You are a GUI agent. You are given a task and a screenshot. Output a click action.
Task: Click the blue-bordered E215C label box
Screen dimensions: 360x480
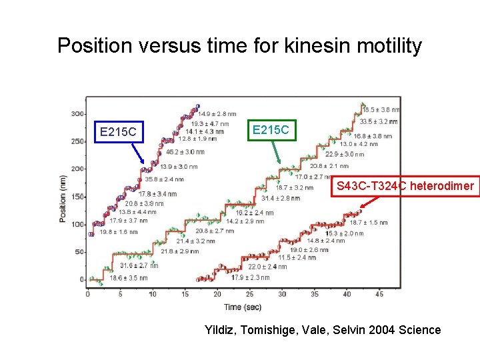[118, 132]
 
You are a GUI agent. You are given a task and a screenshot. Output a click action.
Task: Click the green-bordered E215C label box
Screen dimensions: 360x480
[271, 130]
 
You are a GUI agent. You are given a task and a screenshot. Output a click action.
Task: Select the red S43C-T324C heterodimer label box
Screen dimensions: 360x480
[405, 186]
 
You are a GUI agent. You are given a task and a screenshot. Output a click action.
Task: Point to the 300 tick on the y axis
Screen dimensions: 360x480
[78, 114]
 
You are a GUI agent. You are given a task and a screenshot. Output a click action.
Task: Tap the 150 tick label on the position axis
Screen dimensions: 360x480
[78, 197]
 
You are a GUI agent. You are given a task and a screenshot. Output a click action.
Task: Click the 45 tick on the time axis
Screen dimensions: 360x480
[379, 294]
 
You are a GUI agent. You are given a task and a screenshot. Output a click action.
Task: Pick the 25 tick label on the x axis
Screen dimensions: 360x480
[249, 294]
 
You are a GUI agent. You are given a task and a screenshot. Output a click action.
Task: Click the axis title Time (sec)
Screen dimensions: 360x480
[242, 307]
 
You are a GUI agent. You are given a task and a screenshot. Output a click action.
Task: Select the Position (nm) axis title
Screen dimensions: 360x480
[63, 199]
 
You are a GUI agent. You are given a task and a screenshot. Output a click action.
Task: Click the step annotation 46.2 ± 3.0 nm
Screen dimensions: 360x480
[185, 152]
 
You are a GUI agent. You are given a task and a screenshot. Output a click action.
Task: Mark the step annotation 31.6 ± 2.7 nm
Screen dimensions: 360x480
[138, 265]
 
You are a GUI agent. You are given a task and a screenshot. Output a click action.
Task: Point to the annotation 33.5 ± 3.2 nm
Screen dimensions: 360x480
[379, 121]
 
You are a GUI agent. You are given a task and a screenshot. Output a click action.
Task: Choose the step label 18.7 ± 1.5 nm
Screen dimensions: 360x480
[369, 223]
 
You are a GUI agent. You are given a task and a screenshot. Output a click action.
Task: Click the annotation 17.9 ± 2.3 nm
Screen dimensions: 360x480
[250, 278]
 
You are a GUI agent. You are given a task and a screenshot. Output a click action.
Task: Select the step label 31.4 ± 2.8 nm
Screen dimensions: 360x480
[281, 198]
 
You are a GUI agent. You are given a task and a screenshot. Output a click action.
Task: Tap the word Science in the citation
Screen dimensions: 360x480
[419, 330]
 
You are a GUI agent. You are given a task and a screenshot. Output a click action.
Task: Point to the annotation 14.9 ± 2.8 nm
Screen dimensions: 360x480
[217, 114]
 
